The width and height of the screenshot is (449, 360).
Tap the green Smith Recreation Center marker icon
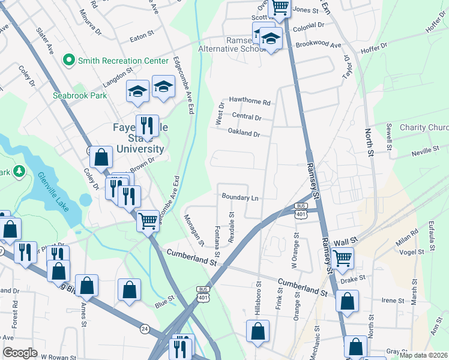(x=69, y=61)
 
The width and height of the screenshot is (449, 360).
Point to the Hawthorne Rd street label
(x=250, y=101)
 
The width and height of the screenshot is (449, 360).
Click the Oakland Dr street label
(x=244, y=133)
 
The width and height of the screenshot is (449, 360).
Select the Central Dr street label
(x=247, y=117)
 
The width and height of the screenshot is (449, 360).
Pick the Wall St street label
(x=345, y=241)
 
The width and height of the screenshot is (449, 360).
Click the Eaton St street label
(x=142, y=40)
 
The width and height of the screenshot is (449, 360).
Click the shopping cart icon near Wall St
(x=342, y=258)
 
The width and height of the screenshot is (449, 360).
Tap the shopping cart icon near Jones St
(x=280, y=7)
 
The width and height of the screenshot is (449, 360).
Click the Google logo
(x=20, y=353)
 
